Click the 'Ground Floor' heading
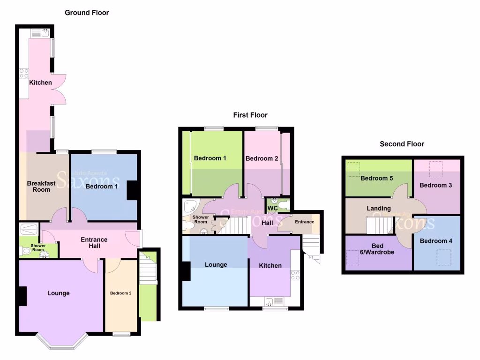[87, 13]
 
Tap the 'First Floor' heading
[250, 115]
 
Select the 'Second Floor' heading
[402, 144]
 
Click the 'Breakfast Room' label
[38, 187]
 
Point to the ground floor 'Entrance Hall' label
[94, 243]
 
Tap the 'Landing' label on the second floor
[379, 208]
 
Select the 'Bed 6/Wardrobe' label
[377, 249]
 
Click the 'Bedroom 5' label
[377, 178]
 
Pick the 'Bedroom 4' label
[433, 241]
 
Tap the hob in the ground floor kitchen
[24, 74]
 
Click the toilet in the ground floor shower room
[26, 251]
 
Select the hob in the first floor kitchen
[295, 276]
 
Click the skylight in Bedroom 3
[436, 168]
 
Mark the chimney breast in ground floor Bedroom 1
[132, 191]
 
